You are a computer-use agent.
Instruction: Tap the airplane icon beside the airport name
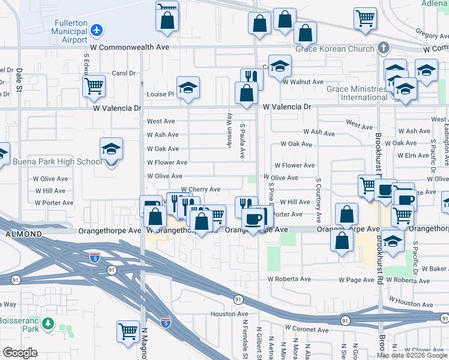[x=97, y=29]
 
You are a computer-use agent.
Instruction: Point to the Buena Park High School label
[x=57, y=161]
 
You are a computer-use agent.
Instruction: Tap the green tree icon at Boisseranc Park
[x=47, y=325]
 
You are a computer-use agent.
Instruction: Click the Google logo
[x=20, y=353]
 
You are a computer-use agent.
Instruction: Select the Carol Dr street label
[x=124, y=73]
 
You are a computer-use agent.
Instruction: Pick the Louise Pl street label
[x=160, y=94]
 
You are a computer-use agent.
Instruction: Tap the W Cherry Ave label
[x=200, y=190]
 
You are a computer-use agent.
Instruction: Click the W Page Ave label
[x=357, y=280]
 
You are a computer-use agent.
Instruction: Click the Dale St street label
[x=19, y=78]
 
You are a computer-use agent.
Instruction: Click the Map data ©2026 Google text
[x=412, y=355]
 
